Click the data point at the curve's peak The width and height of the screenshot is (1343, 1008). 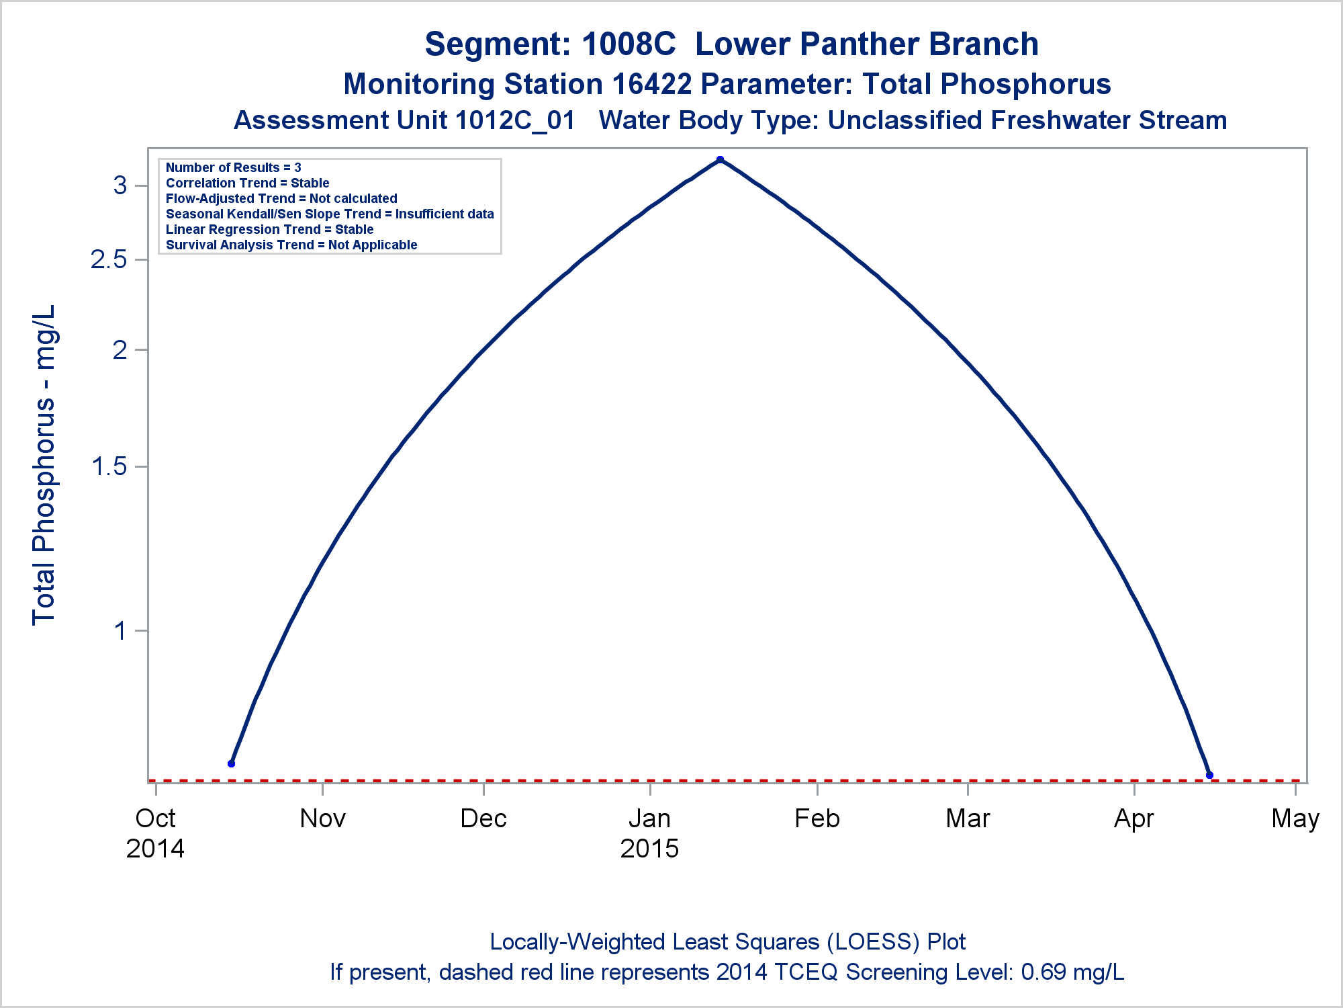pos(720,160)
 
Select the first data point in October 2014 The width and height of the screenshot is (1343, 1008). pos(232,763)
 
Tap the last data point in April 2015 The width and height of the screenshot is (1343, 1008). pos(1209,775)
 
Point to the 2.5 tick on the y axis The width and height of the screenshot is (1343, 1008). pos(141,259)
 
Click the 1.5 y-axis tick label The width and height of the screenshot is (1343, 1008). pos(109,466)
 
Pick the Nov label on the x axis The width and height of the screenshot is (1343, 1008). pos(323,818)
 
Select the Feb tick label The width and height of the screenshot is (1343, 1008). pos(817,818)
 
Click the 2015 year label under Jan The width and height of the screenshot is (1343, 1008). pos(649,849)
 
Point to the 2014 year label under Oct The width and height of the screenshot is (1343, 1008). pos(155,849)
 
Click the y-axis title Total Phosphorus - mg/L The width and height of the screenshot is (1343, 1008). pos(44,465)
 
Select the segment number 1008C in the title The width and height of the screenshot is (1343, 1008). pos(629,44)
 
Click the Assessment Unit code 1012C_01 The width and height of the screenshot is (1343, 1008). pos(515,120)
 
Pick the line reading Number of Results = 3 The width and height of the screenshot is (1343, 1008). pos(234,167)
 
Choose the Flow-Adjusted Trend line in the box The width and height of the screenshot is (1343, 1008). pos(281,198)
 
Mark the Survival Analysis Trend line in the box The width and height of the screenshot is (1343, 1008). pos(291,245)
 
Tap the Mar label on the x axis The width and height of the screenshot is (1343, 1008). pos(968,818)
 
